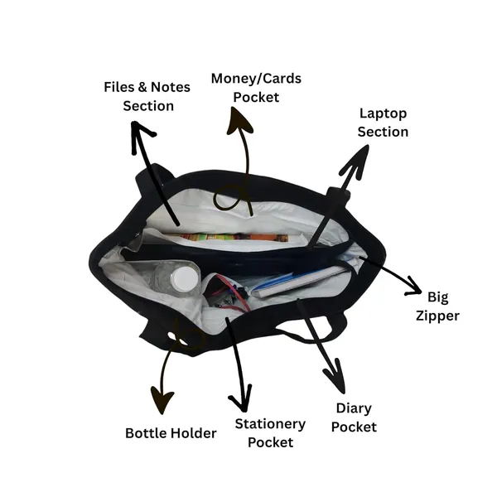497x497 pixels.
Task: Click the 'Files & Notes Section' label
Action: (x=147, y=96)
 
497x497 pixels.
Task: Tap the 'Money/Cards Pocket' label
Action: (x=256, y=88)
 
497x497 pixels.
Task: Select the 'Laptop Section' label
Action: (x=383, y=123)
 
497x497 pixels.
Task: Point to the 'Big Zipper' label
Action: (x=437, y=306)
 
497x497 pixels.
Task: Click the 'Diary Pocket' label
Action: (x=354, y=417)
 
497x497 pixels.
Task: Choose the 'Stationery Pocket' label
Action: (x=270, y=433)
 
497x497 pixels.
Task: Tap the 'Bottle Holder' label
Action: (x=171, y=433)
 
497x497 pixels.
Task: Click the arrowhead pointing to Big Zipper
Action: (x=413, y=287)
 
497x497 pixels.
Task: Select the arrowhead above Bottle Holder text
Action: (x=162, y=400)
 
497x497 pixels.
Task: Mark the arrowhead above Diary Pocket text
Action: (x=336, y=376)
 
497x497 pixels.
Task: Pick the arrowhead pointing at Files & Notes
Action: (x=141, y=137)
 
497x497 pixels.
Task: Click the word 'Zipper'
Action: (x=437, y=316)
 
